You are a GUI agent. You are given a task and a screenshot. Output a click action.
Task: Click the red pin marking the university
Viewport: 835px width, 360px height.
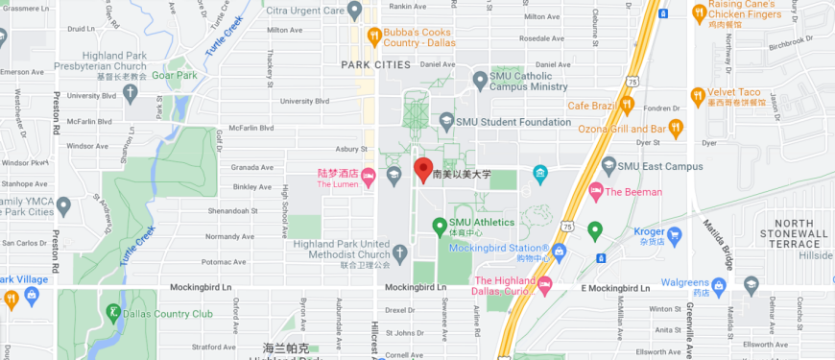pos(422,170)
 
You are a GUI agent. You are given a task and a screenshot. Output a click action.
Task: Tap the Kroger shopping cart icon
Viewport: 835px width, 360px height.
pos(675,234)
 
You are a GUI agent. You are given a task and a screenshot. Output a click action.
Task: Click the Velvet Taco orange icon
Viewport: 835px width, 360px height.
pos(698,96)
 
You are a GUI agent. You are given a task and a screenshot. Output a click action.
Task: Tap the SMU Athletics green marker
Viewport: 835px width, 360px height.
pos(440,226)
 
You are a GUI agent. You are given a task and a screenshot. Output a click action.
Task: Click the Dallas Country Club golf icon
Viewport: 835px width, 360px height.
pos(114,312)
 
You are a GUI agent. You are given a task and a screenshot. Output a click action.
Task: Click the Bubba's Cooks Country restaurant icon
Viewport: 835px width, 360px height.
pos(373,36)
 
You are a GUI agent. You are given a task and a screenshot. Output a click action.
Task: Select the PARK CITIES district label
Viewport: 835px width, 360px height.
pos(375,64)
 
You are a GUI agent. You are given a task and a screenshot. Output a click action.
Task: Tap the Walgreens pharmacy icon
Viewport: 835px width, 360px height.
pos(751,283)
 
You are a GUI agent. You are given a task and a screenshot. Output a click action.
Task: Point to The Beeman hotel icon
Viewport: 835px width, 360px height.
pos(595,191)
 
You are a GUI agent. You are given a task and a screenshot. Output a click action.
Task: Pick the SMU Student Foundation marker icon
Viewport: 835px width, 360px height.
pos(445,122)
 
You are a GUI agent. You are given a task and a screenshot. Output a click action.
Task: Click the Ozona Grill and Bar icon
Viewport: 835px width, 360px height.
pos(677,128)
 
